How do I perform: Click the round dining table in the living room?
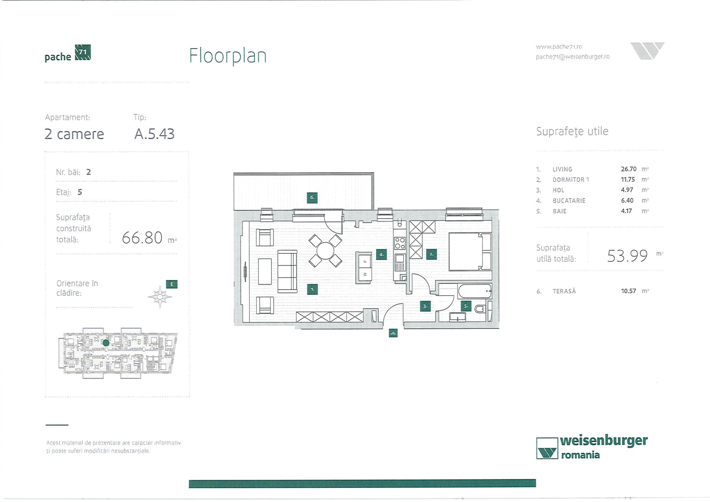[325, 251]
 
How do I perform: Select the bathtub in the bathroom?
[475, 291]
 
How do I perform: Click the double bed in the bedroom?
[469, 251]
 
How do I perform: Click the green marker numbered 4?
[381, 254]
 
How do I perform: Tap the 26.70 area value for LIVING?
[628, 169]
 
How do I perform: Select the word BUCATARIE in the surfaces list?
[569, 201]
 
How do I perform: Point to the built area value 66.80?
[142, 238]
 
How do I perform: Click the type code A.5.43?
[154, 134]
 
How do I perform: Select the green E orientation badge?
[172, 284]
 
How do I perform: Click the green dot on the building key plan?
[106, 343]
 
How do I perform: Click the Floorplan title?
[228, 56]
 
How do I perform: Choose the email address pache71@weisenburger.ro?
[572, 57]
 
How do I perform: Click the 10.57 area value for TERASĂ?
[628, 291]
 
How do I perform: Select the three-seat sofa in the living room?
[287, 271]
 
